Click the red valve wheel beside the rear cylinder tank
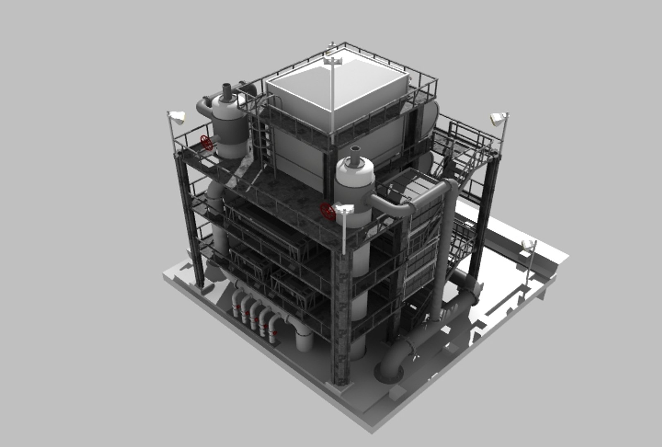coord(206,142)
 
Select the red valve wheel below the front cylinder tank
coord(328,211)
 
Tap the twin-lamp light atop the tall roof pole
coord(333,61)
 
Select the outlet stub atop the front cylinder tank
coord(355,154)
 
